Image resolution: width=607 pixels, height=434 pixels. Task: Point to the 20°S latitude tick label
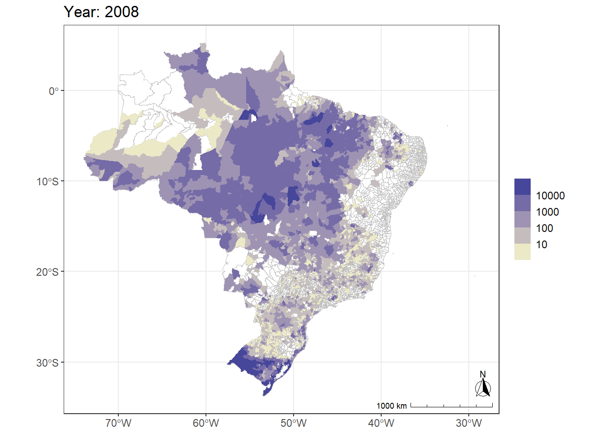point(48,272)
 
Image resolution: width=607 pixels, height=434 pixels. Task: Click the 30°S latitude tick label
point(48,363)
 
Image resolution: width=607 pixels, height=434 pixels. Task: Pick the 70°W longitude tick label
point(118,424)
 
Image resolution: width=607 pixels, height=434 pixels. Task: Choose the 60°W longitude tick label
point(206,424)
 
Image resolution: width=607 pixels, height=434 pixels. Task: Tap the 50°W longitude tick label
point(294,424)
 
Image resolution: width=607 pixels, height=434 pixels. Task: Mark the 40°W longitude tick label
point(381,424)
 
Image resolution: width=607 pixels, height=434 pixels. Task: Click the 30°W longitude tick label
point(469,424)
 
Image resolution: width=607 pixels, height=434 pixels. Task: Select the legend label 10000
point(550,196)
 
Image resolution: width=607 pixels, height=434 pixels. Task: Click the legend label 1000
point(547,212)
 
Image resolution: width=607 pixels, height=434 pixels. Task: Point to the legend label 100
point(545,228)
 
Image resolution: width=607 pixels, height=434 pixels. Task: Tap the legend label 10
point(542,245)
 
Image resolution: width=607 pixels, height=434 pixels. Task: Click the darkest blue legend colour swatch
point(523,187)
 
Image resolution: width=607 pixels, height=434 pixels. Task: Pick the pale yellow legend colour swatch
point(523,252)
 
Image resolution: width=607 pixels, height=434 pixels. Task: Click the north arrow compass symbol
point(483,388)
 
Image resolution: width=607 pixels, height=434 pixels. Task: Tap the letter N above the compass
point(483,374)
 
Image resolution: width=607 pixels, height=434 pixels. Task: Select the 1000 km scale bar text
point(392,406)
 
